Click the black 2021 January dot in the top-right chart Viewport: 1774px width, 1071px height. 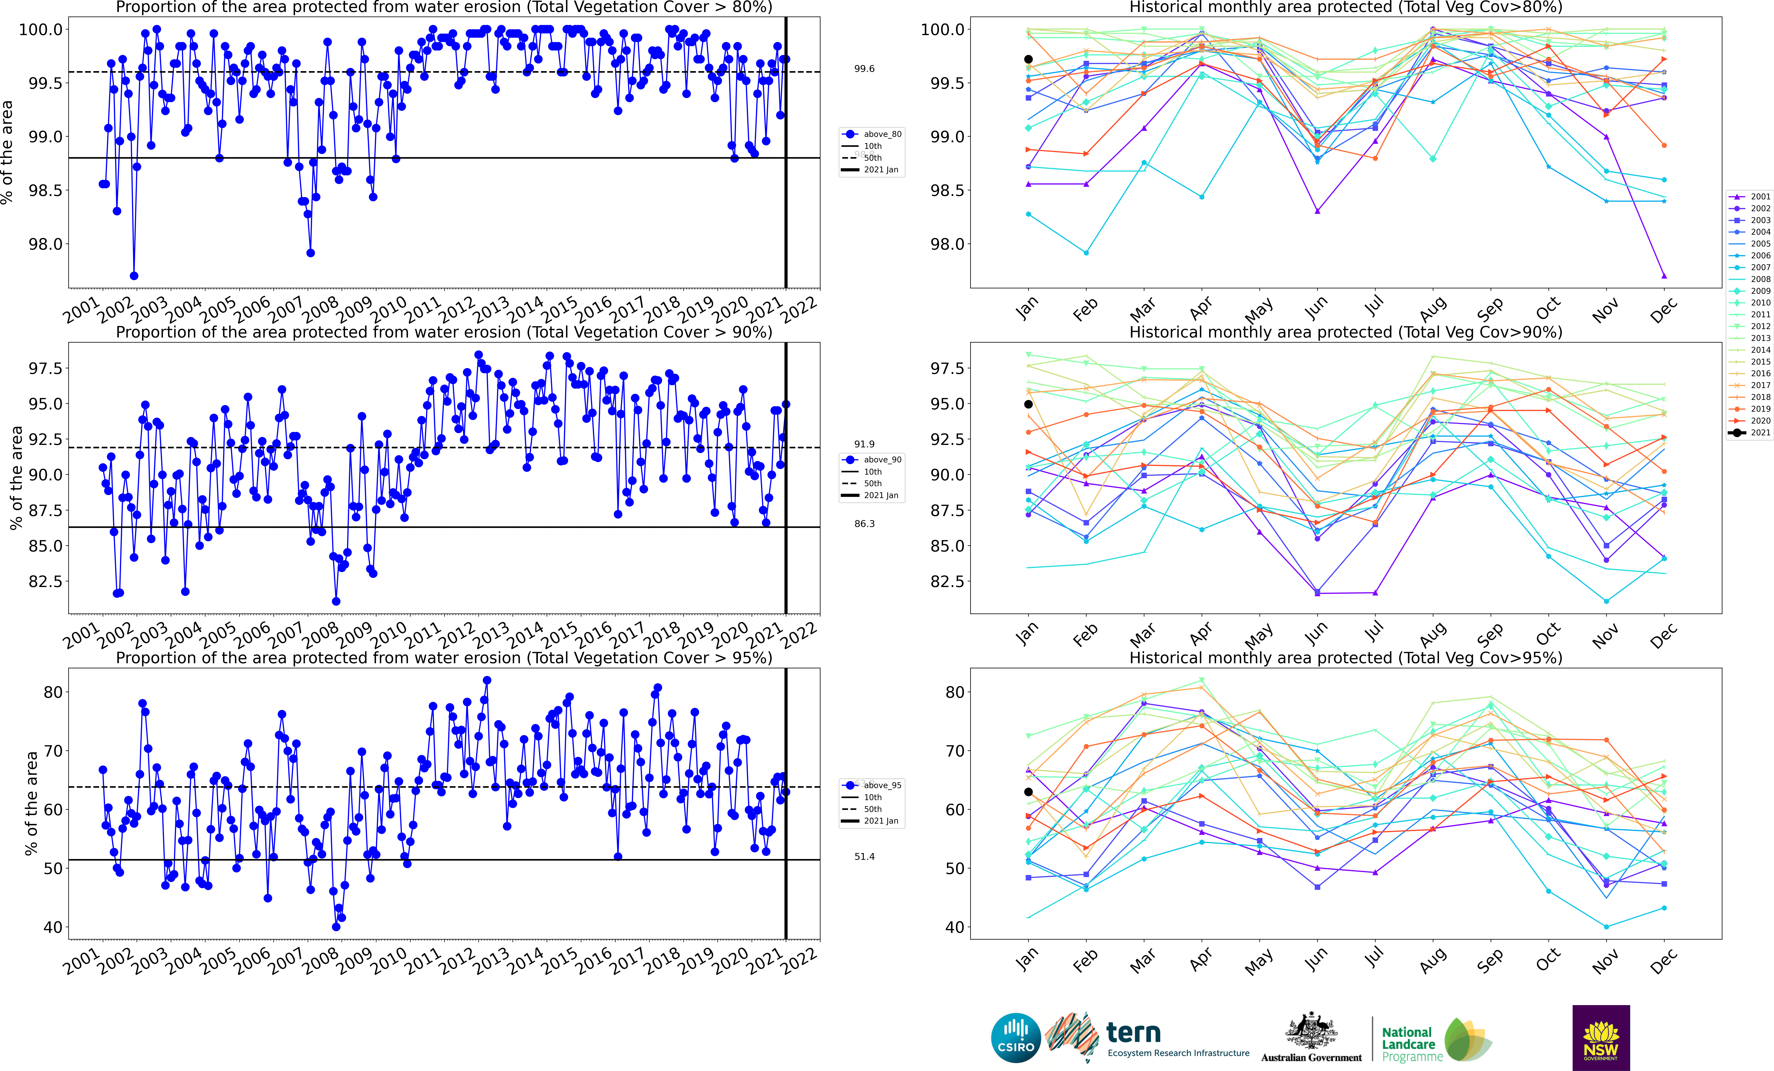pyautogui.click(x=1028, y=59)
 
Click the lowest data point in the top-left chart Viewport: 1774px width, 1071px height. pyautogui.click(x=134, y=276)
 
